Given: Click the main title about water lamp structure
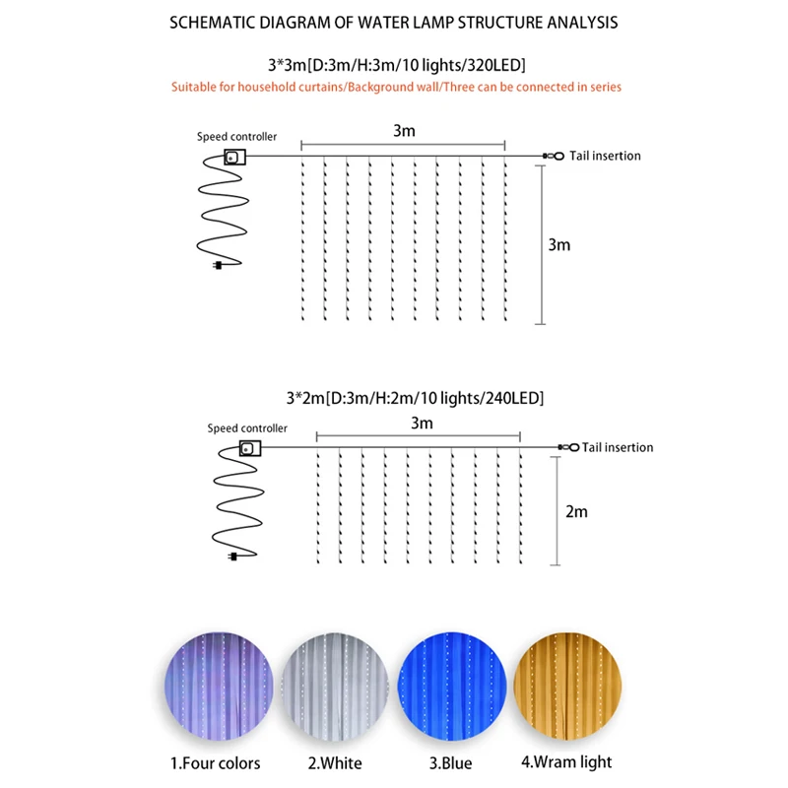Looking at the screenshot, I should tap(394, 22).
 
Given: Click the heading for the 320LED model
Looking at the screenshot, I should tap(394, 66).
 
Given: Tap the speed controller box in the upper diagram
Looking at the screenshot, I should tap(234, 157).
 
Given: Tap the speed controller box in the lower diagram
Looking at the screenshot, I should tap(251, 448).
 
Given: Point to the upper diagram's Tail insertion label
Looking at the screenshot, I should tap(605, 156).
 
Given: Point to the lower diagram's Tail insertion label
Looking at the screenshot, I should tap(618, 447).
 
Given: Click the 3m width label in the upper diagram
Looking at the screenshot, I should tap(403, 129).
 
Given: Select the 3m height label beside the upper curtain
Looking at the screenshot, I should tap(558, 244).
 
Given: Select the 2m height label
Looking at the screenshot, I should tap(576, 511).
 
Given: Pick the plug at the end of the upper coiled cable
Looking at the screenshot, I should tap(218, 265).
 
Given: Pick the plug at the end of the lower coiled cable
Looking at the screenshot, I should tap(232, 558).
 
